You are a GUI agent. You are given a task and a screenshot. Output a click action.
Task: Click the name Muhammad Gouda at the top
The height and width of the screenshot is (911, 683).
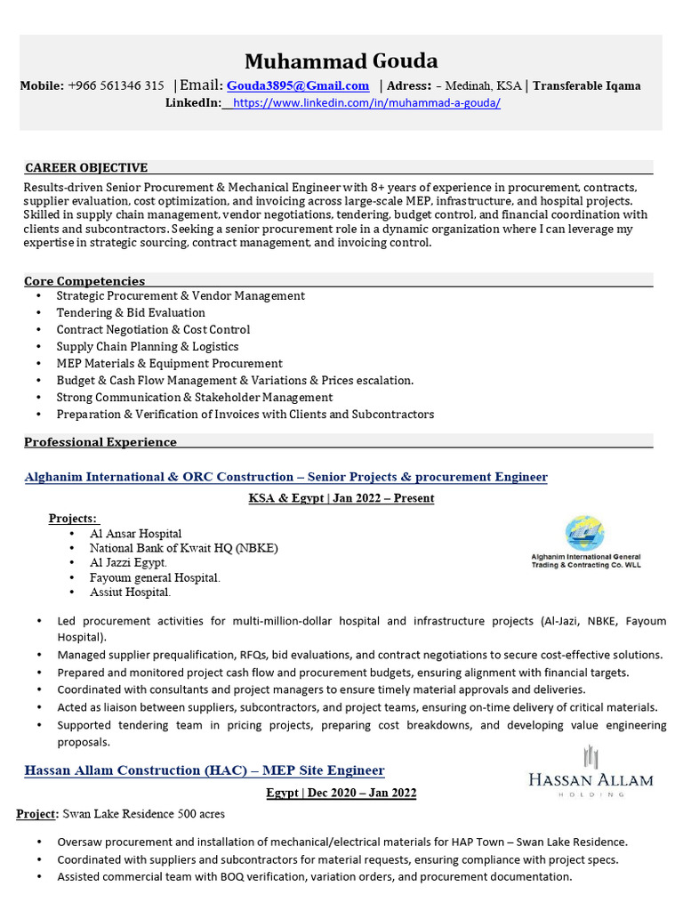[341, 61]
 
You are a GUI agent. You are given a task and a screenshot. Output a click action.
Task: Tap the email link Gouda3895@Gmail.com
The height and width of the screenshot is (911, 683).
[298, 86]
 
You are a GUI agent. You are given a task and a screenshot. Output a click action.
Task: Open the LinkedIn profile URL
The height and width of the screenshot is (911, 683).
[366, 103]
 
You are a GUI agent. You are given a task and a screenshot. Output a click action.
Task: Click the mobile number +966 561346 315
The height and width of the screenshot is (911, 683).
[116, 86]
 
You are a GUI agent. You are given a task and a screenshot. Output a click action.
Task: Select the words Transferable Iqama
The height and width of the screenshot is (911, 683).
[587, 86]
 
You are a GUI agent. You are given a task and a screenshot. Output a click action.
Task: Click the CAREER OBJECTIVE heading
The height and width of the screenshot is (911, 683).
[86, 167]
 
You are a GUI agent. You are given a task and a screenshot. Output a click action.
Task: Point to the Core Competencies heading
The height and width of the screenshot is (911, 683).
[84, 281]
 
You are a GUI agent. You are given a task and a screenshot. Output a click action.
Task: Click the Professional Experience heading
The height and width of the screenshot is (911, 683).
[100, 442]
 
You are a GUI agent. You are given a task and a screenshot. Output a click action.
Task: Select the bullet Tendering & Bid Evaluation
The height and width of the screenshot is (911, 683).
[131, 312]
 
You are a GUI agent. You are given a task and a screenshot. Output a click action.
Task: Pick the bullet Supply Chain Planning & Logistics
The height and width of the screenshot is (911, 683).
[148, 346]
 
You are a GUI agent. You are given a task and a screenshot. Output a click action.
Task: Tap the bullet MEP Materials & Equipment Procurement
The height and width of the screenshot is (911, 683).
[169, 363]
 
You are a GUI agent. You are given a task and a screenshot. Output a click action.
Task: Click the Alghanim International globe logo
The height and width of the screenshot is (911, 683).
[584, 534]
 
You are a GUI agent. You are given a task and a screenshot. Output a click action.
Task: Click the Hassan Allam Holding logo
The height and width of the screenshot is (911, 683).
[591, 771]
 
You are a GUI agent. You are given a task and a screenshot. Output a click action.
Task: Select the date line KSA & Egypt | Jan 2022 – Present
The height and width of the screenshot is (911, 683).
[341, 498]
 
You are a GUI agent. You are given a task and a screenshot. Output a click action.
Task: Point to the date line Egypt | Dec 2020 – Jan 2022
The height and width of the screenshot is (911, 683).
[341, 793]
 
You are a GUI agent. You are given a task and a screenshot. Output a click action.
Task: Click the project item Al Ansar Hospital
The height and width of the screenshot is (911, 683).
[135, 534]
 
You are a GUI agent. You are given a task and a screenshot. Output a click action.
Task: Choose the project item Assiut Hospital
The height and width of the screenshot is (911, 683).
[130, 592]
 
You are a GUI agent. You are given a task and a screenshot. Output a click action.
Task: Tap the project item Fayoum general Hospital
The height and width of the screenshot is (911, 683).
[155, 577]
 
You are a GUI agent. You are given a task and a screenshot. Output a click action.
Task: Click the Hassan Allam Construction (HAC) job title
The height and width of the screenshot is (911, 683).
[205, 770]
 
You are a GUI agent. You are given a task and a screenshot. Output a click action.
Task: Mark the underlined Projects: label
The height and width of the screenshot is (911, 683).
[74, 519]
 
